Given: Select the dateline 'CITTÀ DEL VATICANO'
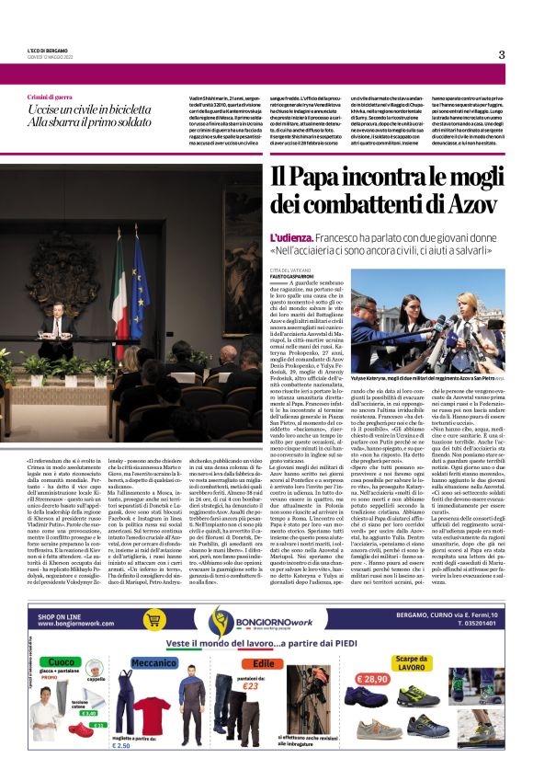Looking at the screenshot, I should [295, 270].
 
